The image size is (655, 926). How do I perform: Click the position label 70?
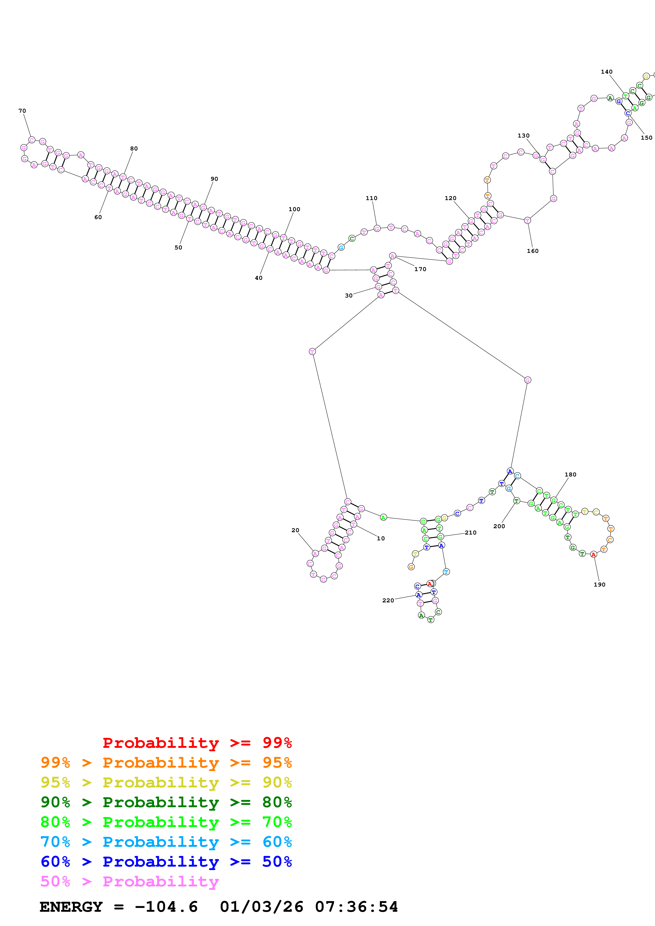click(x=22, y=111)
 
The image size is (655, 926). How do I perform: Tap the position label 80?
click(x=134, y=148)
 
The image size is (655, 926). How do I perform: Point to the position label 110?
click(x=371, y=198)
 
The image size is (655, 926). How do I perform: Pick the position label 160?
click(x=532, y=251)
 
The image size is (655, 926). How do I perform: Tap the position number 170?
click(x=420, y=269)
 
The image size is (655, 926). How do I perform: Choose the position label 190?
click(x=599, y=584)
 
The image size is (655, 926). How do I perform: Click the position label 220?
click(x=388, y=600)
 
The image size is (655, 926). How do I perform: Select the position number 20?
click(x=295, y=530)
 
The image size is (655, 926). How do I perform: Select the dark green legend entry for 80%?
click(x=166, y=802)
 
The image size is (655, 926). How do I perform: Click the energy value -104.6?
click(x=166, y=907)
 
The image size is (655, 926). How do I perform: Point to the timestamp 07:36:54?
click(x=356, y=907)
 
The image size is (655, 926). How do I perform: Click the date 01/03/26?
click(x=262, y=907)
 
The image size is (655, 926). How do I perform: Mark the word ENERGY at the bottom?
click(x=71, y=907)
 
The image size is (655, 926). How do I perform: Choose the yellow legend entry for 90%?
click(x=166, y=782)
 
